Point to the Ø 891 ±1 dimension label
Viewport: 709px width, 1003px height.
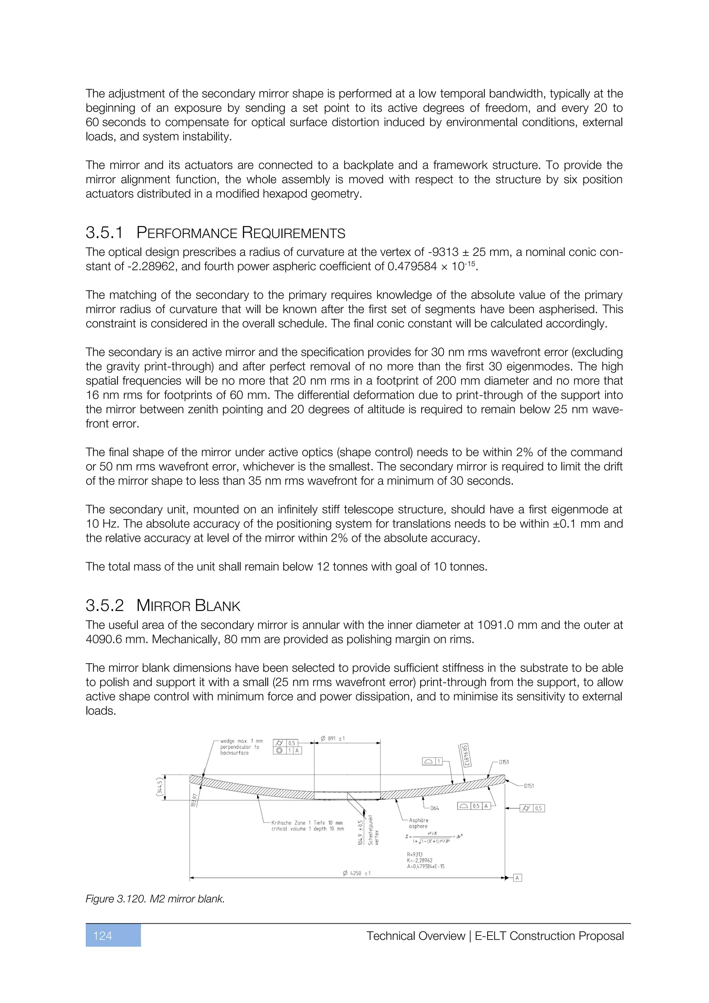[x=333, y=739]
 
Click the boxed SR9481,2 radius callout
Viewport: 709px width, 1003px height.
[x=465, y=756]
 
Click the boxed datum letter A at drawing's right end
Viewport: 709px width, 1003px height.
[x=517, y=878]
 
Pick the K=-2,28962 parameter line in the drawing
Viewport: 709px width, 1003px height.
[x=420, y=861]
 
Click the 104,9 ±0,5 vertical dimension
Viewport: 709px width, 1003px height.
[x=361, y=832]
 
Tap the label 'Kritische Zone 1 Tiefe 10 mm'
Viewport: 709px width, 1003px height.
[x=307, y=823]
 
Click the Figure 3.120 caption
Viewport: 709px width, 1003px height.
[x=155, y=899]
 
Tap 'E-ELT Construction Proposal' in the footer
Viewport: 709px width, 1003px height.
[x=549, y=936]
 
